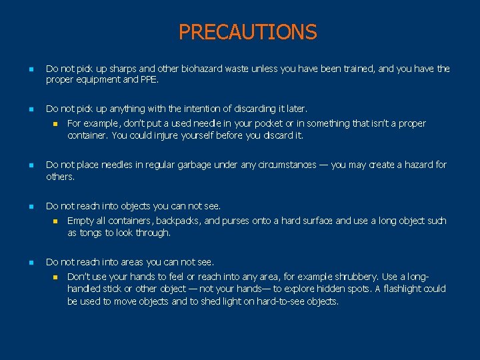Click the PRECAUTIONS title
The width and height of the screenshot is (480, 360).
point(247,31)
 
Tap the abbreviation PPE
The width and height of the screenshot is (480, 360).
point(149,81)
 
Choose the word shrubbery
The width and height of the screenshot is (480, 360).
point(355,277)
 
